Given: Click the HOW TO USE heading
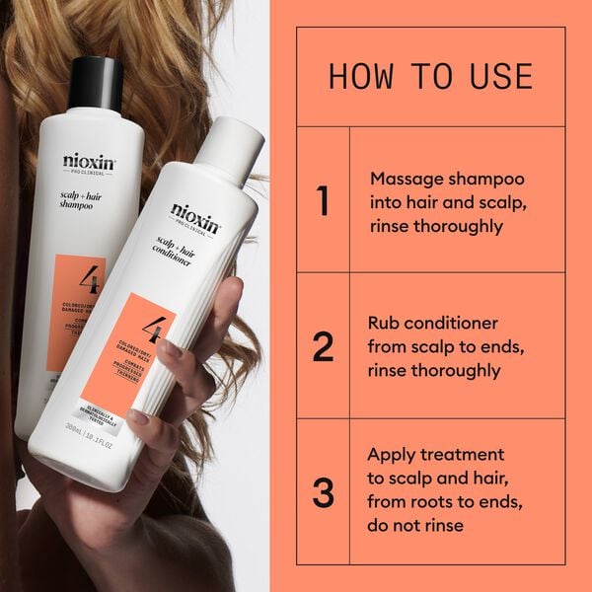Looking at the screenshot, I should coord(430,76).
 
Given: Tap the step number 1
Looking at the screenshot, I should coord(323,200).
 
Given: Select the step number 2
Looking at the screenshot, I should coord(323,346).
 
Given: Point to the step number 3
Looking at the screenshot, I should coord(323,491).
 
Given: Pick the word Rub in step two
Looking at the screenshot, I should coord(385,324).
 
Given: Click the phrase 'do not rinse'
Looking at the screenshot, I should coord(415,526).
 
